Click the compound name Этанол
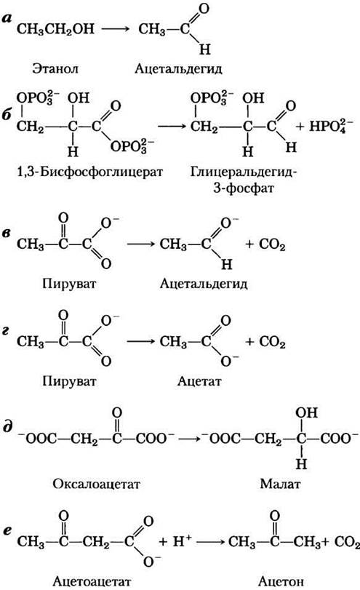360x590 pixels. pyautogui.click(x=55, y=69)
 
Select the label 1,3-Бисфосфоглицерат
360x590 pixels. pyautogui.click(x=90, y=172)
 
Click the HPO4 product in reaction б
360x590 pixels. pyautogui.click(x=331, y=127)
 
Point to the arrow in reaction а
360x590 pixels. pyautogui.click(x=116, y=28)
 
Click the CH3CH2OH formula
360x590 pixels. pyautogui.click(x=55, y=29)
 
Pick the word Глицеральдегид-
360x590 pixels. pyautogui.click(x=244, y=172)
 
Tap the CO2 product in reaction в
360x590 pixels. pyautogui.click(x=272, y=244)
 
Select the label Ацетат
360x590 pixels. pyautogui.click(x=199, y=381)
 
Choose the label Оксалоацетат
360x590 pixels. pyautogui.click(x=96, y=484)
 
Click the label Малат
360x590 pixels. pyautogui.click(x=280, y=484)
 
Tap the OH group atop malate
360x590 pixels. pyautogui.click(x=307, y=412)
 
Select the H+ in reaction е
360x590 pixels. pyautogui.click(x=183, y=541)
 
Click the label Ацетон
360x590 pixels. pyautogui.click(x=281, y=581)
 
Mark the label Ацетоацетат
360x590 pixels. pyautogui.click(x=92, y=581)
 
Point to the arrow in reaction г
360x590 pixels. pyautogui.click(x=140, y=342)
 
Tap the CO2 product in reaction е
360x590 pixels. pyautogui.click(x=347, y=542)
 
